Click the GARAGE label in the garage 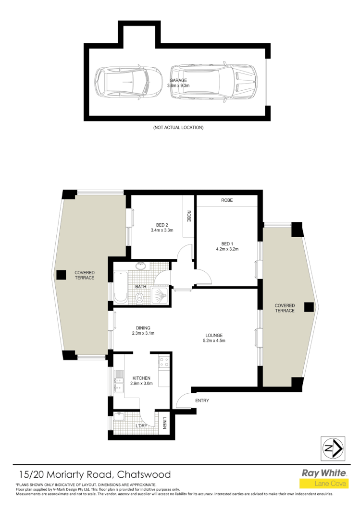178,81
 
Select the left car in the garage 128,82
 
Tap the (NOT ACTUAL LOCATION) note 178,128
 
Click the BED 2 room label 161,224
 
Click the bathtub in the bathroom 120,287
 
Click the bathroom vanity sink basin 141,266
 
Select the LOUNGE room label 214,335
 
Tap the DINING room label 143,328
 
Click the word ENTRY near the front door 202,400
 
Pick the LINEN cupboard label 164,424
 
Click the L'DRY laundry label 141,425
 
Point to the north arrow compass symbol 332,448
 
